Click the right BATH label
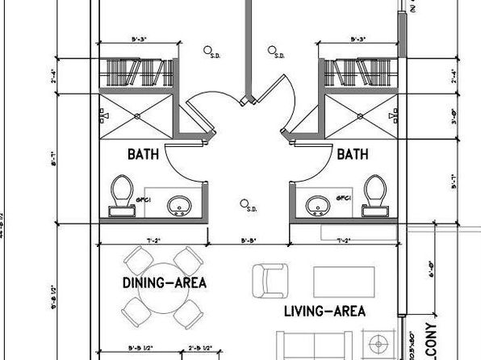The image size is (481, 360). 353,153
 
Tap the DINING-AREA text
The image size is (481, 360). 165,283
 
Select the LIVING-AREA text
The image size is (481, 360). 325,311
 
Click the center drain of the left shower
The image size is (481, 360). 137,116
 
